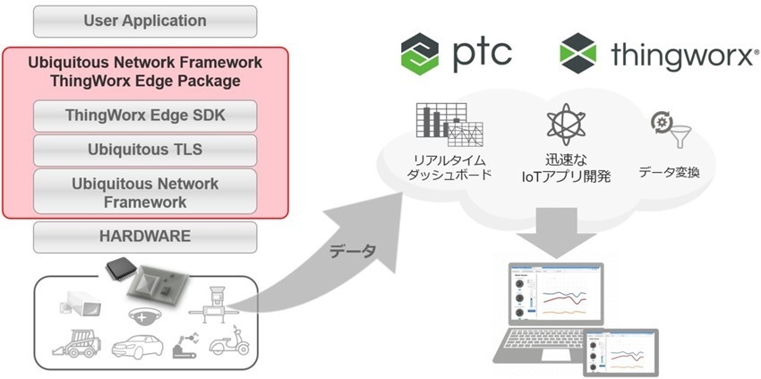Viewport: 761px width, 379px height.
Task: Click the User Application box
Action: (x=144, y=21)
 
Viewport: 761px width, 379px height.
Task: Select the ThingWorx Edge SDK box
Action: (x=144, y=116)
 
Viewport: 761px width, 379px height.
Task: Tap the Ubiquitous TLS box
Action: (x=144, y=149)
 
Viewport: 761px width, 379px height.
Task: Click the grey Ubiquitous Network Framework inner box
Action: (x=144, y=192)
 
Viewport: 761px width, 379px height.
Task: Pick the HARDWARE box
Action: (x=144, y=237)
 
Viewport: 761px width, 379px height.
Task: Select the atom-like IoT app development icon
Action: (x=566, y=125)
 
